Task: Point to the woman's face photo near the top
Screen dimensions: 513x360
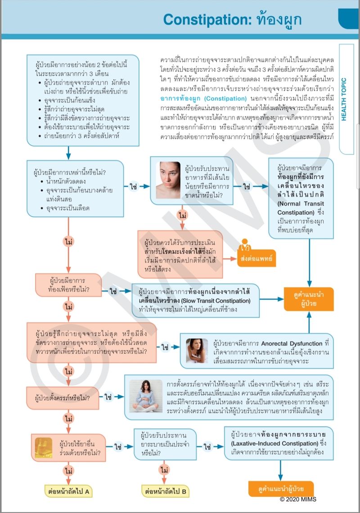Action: click(168, 180)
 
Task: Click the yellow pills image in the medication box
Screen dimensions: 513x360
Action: click(44, 447)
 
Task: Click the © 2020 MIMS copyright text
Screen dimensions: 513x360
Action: click(298, 499)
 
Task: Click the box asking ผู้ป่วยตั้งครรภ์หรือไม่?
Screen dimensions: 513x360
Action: click(63, 398)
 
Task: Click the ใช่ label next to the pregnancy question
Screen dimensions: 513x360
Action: click(108, 397)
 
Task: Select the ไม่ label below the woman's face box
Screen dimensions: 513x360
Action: click(183, 216)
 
